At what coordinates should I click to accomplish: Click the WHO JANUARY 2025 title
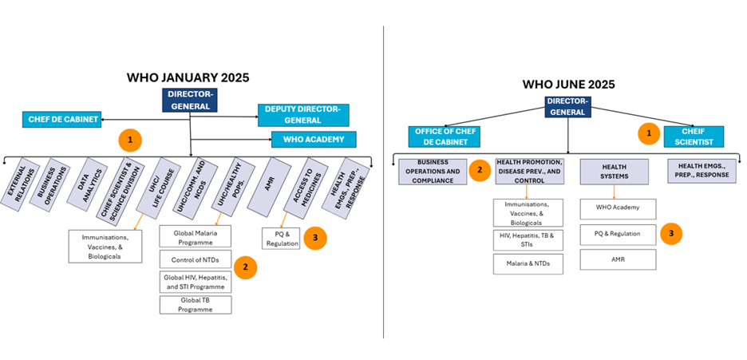tap(188, 77)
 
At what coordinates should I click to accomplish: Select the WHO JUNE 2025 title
tap(568, 84)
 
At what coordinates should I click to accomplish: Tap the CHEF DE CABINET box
tap(62, 120)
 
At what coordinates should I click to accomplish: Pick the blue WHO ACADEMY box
tap(313, 140)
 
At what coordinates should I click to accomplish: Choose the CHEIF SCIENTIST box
tap(694, 136)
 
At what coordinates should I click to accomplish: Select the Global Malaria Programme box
tap(196, 236)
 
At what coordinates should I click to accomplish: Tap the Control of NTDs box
tap(196, 259)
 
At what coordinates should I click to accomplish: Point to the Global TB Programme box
tap(196, 304)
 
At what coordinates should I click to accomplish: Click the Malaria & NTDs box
tap(528, 263)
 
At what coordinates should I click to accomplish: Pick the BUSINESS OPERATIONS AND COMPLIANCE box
tap(432, 172)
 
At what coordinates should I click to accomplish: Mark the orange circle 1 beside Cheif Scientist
tap(648, 133)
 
